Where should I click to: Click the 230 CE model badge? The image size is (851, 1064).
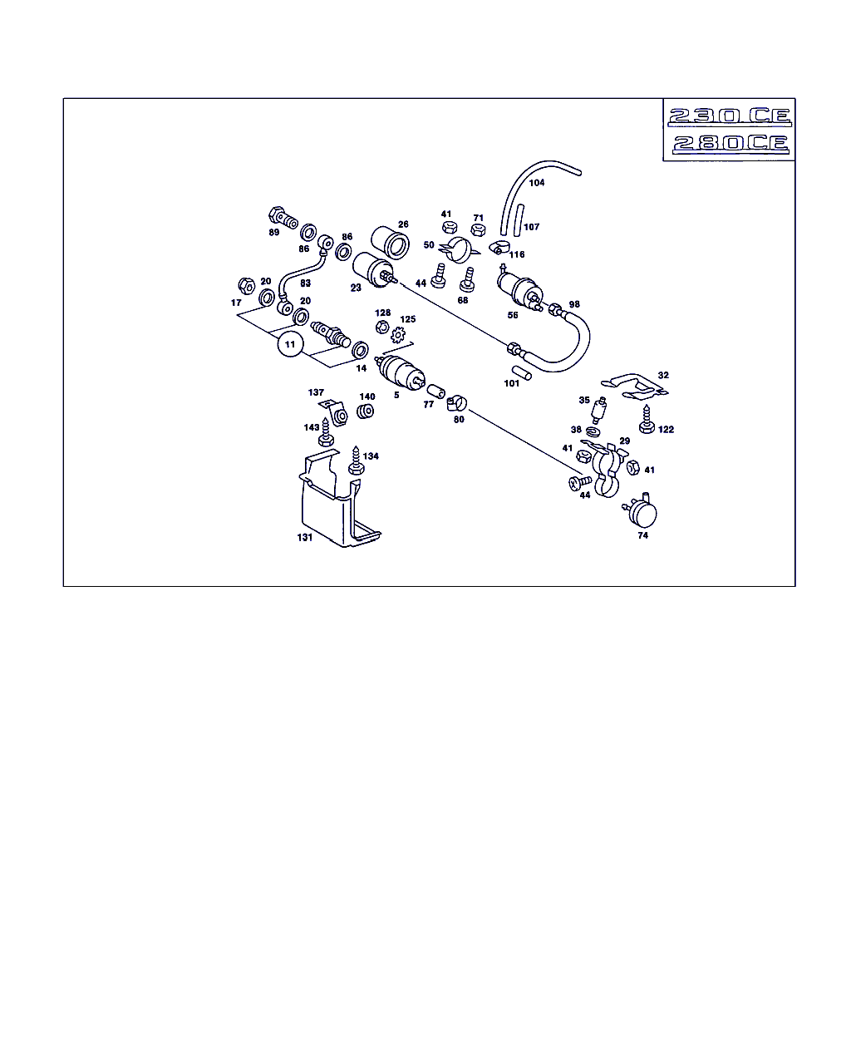[730, 116]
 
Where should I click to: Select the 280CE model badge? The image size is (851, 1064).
[730, 144]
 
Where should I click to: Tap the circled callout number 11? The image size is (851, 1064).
[290, 345]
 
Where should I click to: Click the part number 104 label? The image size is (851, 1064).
[537, 183]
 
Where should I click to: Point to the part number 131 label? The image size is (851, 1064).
[305, 538]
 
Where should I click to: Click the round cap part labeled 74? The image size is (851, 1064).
[642, 511]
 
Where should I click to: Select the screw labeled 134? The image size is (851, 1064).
[356, 461]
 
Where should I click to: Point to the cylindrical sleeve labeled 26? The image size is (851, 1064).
[391, 242]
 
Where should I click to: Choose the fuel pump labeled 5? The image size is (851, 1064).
[400, 372]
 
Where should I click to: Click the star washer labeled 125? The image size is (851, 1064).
[397, 335]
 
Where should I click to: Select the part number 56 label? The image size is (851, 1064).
[513, 315]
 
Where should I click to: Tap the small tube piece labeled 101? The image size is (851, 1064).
[522, 372]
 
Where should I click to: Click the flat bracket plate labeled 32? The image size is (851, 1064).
[634, 387]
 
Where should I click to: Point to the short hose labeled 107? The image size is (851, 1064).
[519, 220]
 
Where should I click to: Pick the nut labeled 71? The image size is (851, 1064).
[478, 230]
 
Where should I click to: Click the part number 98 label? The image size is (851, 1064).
[574, 304]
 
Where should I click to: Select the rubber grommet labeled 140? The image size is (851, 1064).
[366, 411]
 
